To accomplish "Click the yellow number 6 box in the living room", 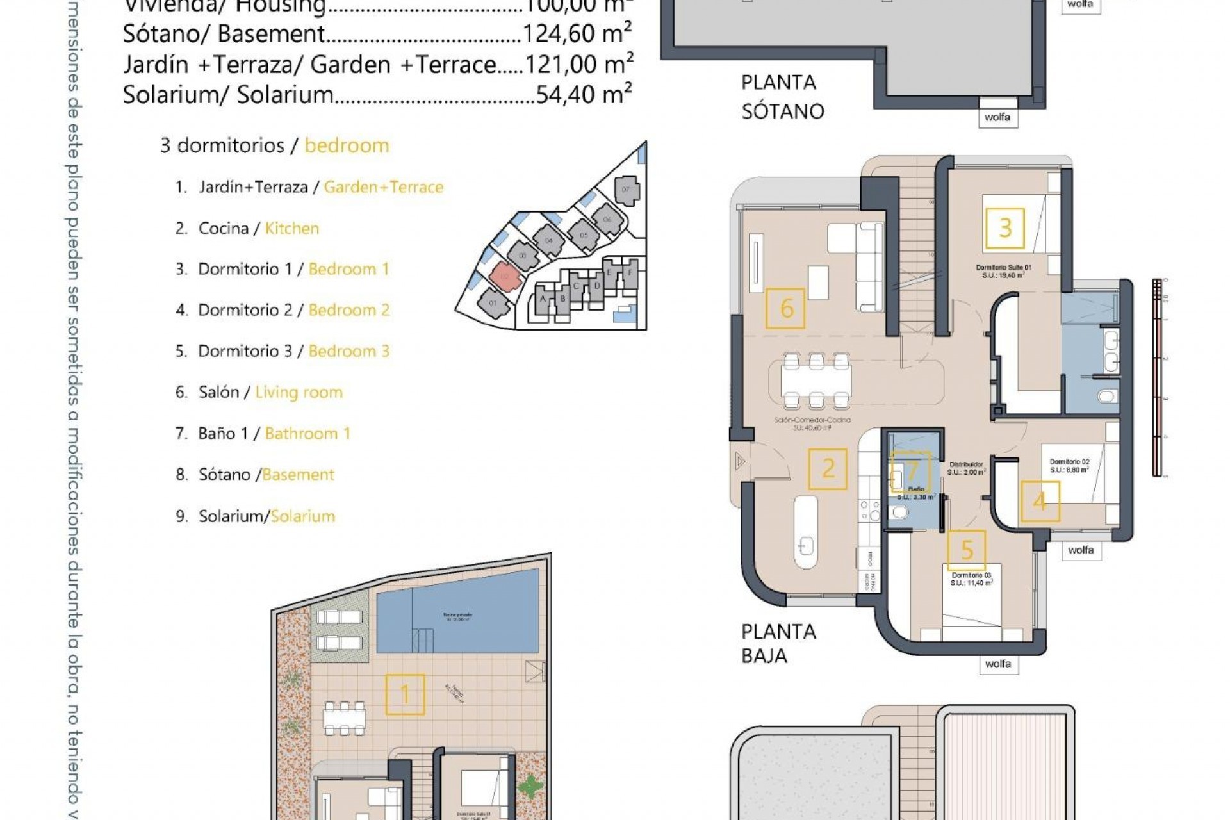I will tap(785, 308).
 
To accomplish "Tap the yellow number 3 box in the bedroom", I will tap(1004, 228).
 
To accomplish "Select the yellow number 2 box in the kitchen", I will tap(827, 469).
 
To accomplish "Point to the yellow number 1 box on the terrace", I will tap(405, 694).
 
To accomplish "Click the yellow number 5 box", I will tap(966, 550).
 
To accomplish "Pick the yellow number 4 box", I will tap(1040, 501).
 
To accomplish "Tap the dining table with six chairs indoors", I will tap(816, 381).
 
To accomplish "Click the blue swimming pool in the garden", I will tap(457, 619).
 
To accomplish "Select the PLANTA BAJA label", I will tap(778, 643).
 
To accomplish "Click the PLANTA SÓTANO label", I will tap(782, 97).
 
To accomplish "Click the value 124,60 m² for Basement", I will tap(577, 33).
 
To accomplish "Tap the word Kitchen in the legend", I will tap(291, 228).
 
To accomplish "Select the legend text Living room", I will tap(299, 392).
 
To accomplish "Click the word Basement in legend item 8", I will tap(299, 475).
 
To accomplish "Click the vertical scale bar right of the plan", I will tap(1157, 378).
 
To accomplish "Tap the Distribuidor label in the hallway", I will tap(966, 464).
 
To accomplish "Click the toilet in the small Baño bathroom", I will tap(900, 512).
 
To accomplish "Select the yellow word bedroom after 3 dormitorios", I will tap(347, 145).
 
